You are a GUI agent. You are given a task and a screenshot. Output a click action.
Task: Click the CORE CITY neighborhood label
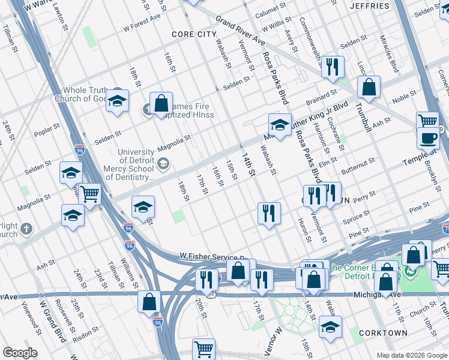click(191, 34)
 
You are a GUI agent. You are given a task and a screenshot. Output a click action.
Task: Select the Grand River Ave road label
click(240, 31)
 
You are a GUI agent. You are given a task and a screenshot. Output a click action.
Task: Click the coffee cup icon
click(428, 138)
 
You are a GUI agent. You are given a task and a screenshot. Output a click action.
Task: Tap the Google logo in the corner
click(19, 353)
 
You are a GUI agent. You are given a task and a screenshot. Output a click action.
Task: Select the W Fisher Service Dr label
click(214, 256)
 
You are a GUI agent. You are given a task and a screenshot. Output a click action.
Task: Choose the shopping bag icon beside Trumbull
click(369, 87)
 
